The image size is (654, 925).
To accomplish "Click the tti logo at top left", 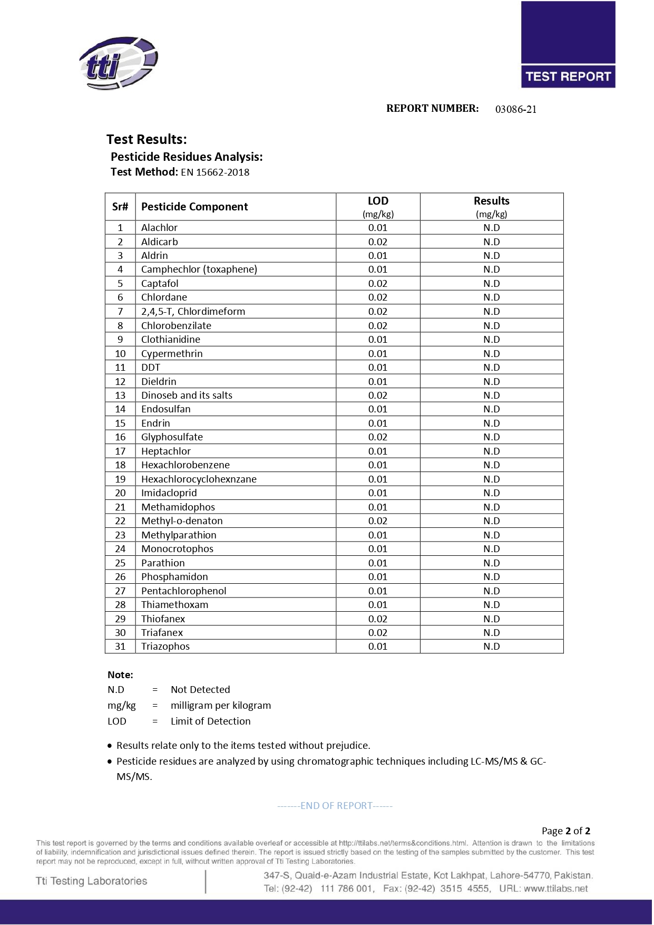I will (x=119, y=63).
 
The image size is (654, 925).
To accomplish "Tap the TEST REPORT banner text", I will (x=568, y=76).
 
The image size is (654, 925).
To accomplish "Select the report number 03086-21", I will (x=516, y=109).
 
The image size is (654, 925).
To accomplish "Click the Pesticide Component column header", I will (x=194, y=207).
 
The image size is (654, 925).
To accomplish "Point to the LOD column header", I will (x=378, y=201).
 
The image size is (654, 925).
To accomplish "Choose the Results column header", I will (x=491, y=201).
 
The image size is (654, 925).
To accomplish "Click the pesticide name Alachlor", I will (x=159, y=228).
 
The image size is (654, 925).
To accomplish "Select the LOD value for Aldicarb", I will (x=378, y=242).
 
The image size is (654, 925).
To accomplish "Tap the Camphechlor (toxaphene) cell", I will (x=199, y=269).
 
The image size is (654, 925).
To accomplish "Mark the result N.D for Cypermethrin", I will (x=492, y=353).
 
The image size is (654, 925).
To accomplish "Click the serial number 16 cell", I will (x=120, y=437).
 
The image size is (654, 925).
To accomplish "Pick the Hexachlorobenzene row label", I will (x=186, y=465).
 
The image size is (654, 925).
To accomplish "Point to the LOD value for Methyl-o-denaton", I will (x=378, y=521).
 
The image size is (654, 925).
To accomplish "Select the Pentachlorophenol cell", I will (x=184, y=591).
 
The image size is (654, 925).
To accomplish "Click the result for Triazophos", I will (x=492, y=647).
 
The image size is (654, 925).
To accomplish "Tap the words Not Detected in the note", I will (x=200, y=690).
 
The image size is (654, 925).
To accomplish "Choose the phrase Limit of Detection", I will (x=211, y=721).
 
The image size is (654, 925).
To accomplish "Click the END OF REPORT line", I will (x=335, y=806).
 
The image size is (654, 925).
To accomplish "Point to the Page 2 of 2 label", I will (x=566, y=831).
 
